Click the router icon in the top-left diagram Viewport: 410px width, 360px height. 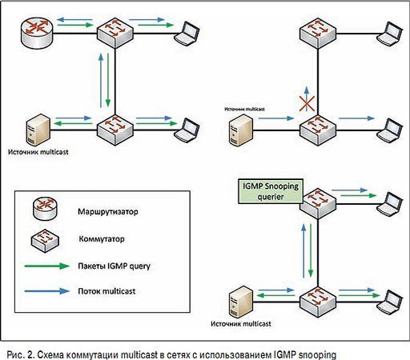(x=37, y=34)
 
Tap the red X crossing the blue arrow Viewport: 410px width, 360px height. (x=307, y=103)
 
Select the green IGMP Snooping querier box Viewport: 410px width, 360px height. (x=271, y=191)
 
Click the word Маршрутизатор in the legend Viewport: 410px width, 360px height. (x=108, y=212)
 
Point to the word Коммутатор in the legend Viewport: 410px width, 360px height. (x=102, y=238)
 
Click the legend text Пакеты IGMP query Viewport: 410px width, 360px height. (x=114, y=266)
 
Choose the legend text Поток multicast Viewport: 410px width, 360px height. (x=107, y=291)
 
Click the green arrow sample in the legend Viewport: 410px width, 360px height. (x=47, y=266)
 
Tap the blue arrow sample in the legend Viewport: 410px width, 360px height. (x=47, y=291)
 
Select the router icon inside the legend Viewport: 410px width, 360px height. (x=45, y=209)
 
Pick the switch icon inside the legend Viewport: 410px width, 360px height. (x=45, y=240)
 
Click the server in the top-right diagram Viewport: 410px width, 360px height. (x=241, y=130)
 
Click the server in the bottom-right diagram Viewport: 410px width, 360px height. (x=241, y=302)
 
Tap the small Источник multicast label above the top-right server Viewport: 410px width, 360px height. (x=244, y=109)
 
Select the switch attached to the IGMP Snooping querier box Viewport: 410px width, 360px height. (x=318, y=203)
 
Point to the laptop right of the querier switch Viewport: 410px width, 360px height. (x=389, y=203)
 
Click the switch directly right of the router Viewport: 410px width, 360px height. (x=115, y=33)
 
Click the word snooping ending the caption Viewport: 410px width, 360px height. (x=317, y=355)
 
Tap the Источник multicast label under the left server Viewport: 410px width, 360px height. (x=38, y=152)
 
